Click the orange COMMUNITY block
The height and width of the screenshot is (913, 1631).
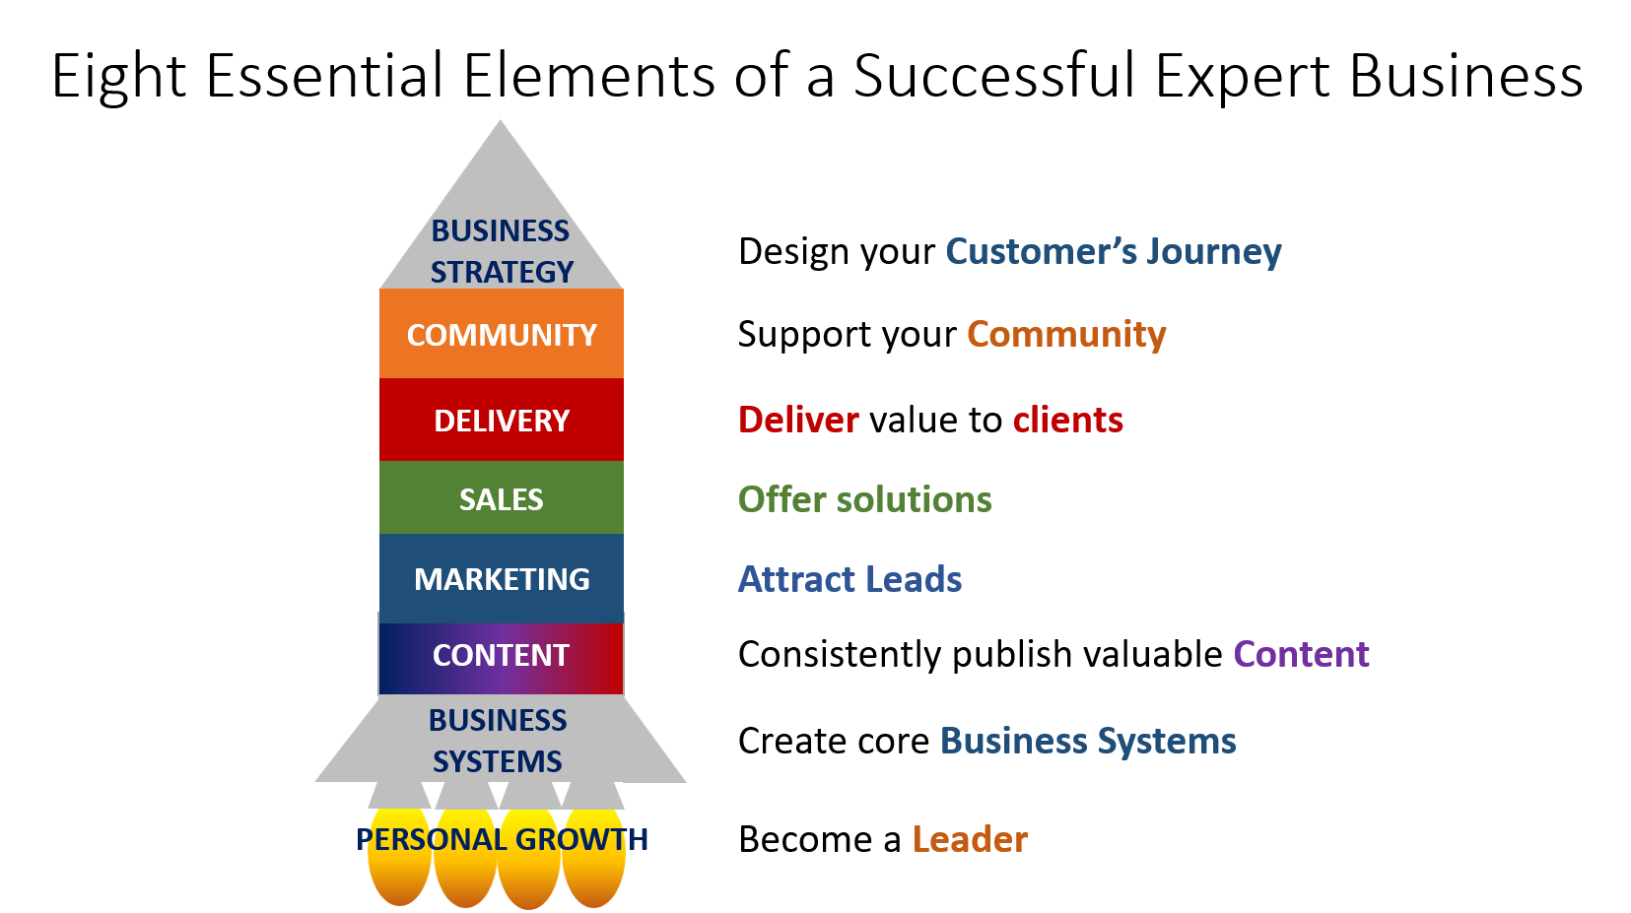click(x=501, y=333)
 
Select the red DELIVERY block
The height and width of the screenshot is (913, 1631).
click(x=501, y=420)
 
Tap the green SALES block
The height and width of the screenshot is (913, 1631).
click(x=501, y=497)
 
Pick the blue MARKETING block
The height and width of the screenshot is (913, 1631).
click(x=501, y=578)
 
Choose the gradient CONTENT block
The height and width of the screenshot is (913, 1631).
click(x=501, y=658)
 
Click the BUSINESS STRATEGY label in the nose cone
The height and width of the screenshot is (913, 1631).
click(x=501, y=251)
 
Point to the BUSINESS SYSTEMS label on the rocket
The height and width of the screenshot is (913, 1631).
click(x=498, y=741)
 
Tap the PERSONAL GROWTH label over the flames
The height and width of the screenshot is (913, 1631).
click(x=502, y=839)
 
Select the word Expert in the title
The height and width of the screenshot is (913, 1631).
click(x=1243, y=77)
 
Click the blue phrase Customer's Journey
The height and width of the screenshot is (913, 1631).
click(x=1114, y=252)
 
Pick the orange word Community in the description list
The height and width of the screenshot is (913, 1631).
click(x=1066, y=335)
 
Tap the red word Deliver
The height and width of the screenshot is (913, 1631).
click(x=799, y=420)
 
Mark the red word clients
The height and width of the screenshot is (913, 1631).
click(x=1068, y=420)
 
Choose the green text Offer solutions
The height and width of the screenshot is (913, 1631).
click(x=865, y=499)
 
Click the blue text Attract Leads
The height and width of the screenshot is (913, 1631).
click(x=849, y=579)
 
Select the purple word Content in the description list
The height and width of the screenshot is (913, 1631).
click(x=1301, y=654)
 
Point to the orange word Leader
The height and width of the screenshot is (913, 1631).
click(x=970, y=839)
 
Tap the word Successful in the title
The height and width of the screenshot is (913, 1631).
click(x=994, y=77)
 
